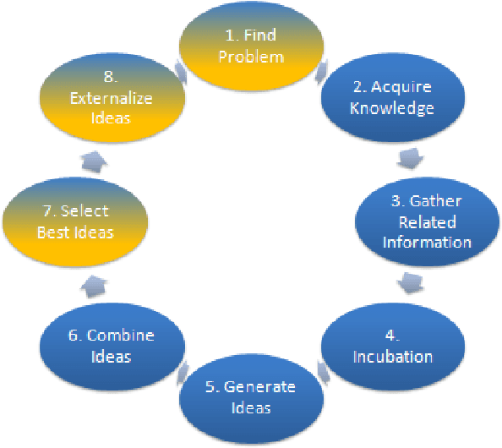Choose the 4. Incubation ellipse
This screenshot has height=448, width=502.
coord(392,347)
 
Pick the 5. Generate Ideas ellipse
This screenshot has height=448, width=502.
coord(250,396)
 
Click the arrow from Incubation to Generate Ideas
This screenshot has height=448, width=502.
coord(321,369)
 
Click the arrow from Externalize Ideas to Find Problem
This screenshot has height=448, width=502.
coord(179,72)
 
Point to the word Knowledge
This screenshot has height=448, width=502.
coord(392,109)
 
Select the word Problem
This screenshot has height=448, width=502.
coord(250,57)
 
